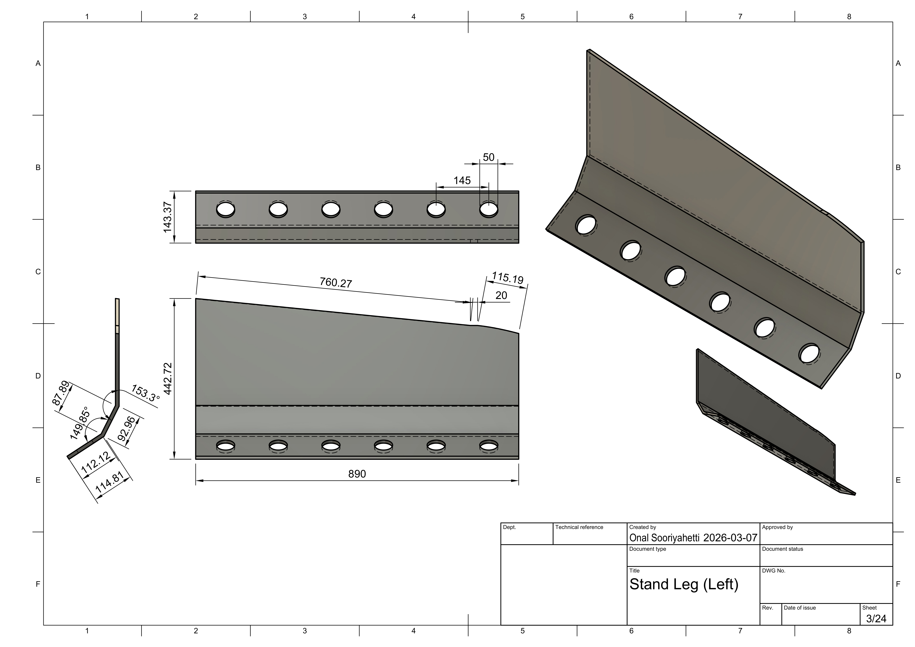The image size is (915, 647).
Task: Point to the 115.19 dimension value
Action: tap(507, 277)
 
